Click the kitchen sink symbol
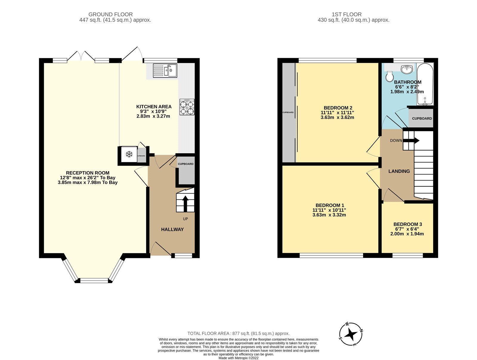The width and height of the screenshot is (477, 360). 165,71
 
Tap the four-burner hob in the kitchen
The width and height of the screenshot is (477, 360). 187,107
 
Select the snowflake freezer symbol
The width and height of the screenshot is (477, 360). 129,154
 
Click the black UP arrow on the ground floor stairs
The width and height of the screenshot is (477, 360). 185,203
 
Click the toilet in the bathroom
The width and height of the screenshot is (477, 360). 389,76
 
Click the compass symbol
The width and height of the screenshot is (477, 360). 351,334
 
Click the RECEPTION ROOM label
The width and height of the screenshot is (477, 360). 88,173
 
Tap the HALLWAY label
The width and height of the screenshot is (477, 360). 172,229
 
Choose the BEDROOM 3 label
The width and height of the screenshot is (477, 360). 408,224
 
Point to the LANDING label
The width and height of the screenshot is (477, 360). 399,171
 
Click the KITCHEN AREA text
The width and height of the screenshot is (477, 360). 154,107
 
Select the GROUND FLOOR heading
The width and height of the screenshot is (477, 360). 111,14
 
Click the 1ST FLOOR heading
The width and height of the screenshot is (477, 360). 346,14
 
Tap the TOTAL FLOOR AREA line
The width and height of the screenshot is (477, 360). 238,333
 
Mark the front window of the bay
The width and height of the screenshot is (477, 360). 94,280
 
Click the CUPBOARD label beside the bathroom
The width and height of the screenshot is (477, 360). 422,118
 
